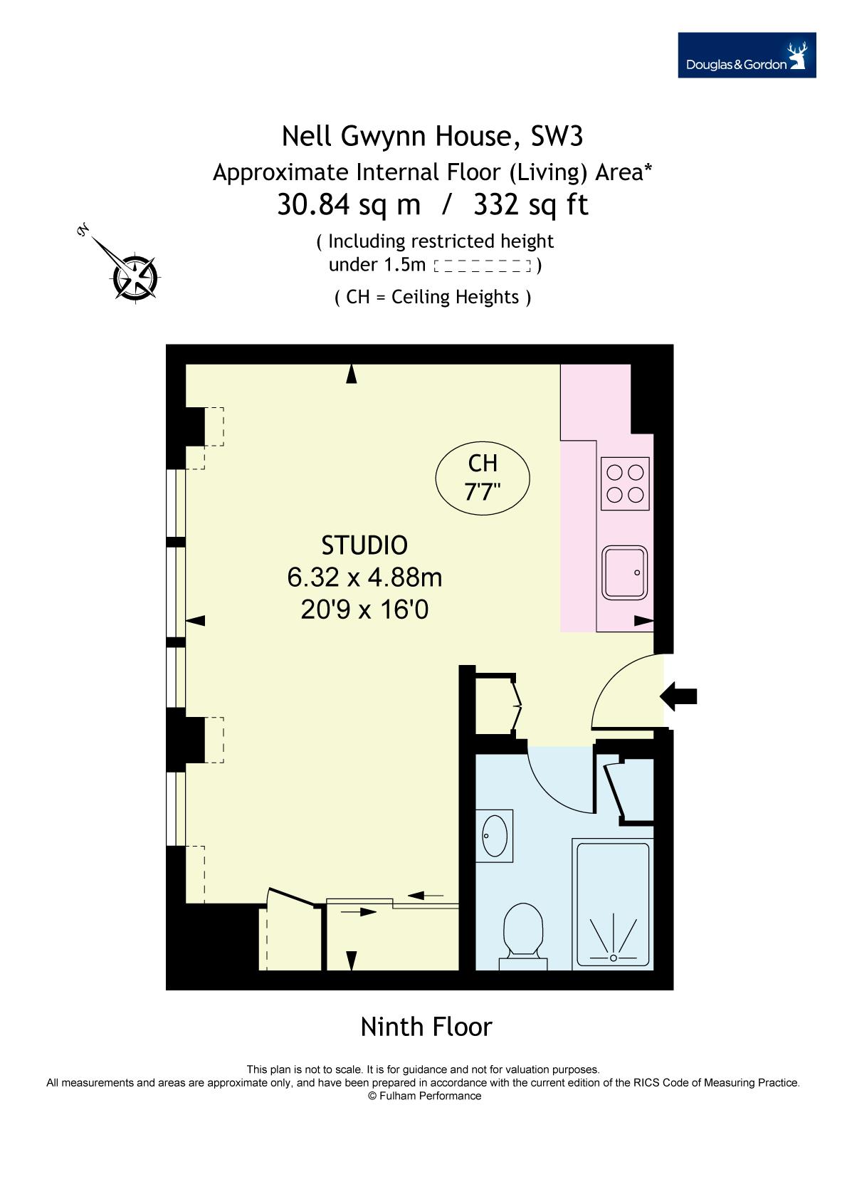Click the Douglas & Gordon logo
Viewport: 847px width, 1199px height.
click(x=747, y=55)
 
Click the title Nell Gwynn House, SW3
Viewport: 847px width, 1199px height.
click(x=432, y=136)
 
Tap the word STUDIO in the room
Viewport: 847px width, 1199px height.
click(x=364, y=545)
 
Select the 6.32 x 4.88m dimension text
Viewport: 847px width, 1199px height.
click(x=364, y=577)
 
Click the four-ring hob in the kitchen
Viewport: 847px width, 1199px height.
click(x=624, y=483)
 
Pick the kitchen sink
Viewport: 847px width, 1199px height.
click(x=624, y=572)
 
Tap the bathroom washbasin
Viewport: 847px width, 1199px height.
click(x=495, y=836)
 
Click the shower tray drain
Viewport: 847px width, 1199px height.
click(x=613, y=957)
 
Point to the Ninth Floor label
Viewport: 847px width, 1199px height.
click(x=426, y=1027)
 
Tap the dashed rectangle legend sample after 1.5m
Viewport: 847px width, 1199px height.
click(x=482, y=266)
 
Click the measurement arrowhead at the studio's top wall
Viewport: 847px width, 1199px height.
click(x=351, y=374)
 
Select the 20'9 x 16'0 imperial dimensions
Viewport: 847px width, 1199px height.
click(x=364, y=609)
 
